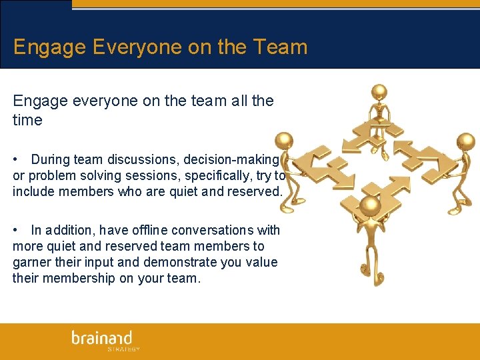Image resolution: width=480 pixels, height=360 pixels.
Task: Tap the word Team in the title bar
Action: [279, 47]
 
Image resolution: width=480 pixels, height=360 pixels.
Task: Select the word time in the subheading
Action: [27, 121]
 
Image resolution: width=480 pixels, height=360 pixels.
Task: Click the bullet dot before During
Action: [15, 160]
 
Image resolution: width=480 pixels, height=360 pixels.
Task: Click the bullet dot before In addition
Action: [15, 231]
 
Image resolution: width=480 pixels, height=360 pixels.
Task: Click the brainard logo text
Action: [102, 337]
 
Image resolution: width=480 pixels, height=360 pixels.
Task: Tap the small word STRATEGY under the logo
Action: [123, 349]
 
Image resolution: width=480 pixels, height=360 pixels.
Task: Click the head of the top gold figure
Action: [379, 91]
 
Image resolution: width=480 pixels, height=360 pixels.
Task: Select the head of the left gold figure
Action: [285, 141]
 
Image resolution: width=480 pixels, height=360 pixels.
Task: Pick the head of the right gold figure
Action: [466, 141]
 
